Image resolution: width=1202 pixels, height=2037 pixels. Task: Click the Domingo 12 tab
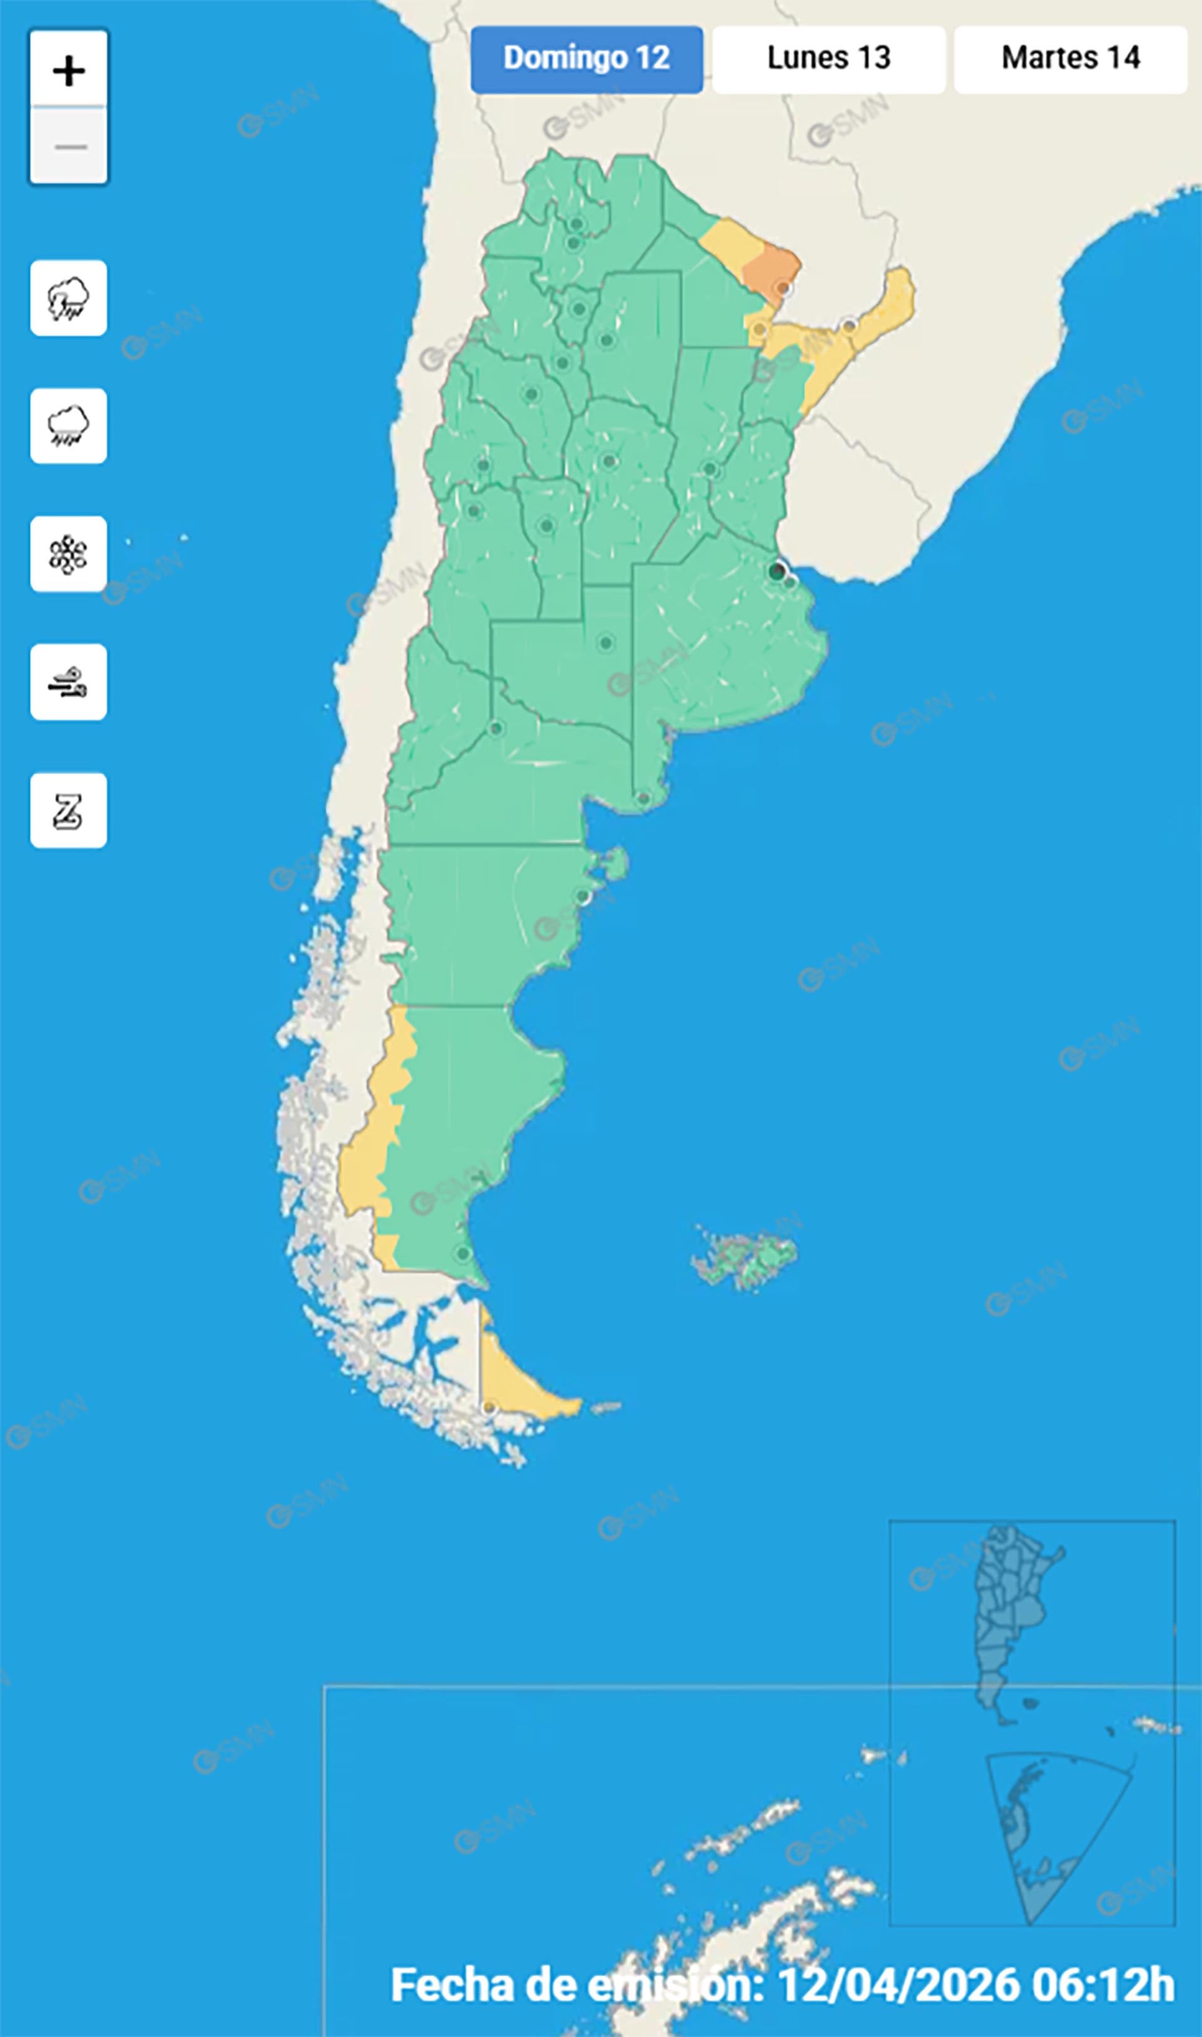587,59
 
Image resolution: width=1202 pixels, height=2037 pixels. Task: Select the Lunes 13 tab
829,59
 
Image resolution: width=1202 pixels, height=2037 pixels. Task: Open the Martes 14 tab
1070,59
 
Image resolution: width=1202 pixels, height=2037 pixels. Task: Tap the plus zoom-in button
69,71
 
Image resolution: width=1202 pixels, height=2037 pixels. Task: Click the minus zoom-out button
69,146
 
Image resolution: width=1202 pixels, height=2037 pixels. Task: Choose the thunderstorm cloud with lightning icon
69,298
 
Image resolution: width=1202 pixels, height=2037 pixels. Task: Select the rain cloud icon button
69,426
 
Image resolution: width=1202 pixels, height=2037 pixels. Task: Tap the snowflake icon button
69,554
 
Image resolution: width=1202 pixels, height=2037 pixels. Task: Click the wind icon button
69,682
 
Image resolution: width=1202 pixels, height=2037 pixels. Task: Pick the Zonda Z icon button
69,811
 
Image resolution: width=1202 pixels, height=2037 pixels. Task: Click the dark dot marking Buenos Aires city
776,571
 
